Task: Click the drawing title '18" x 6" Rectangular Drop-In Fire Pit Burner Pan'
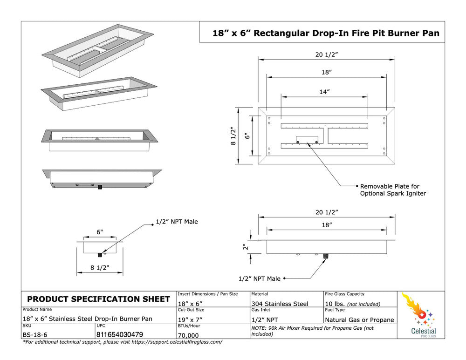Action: point(326,33)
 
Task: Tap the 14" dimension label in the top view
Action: point(325,92)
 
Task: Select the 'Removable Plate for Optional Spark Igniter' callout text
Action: point(393,190)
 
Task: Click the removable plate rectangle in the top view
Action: point(307,138)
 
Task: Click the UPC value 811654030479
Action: point(120,334)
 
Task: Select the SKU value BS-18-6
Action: point(35,334)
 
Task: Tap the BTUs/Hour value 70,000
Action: point(188,335)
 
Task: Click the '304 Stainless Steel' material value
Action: point(280,304)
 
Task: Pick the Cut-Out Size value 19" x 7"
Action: point(191,319)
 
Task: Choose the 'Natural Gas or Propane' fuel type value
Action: point(359,319)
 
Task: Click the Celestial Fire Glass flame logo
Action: point(416,309)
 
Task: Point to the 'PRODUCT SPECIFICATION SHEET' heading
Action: point(99,299)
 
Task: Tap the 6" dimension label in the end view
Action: point(100,232)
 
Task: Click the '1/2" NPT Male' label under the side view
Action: point(260,278)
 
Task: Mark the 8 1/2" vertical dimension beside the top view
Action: point(233,136)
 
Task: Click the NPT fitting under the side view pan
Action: point(325,256)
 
